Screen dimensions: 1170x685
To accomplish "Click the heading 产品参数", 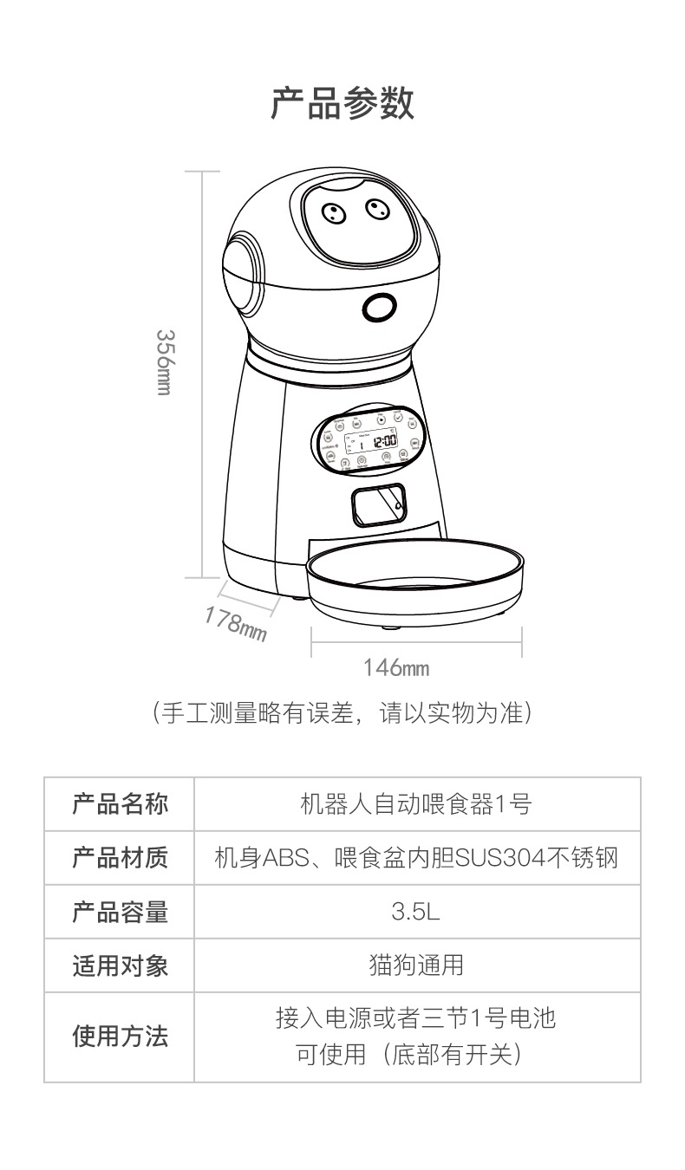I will [342, 103].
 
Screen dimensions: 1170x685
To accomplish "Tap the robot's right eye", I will [375, 208].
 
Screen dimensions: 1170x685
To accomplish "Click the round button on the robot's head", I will [378, 307].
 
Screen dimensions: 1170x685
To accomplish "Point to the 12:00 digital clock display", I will [384, 441].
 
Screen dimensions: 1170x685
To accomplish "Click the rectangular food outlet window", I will [378, 504].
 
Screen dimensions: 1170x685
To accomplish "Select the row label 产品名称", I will [120, 803].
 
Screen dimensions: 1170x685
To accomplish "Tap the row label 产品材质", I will [120, 857].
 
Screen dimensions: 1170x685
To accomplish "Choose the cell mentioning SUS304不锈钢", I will [416, 858].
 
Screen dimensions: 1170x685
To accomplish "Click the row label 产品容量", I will [120, 912].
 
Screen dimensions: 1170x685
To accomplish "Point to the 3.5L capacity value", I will [415, 913].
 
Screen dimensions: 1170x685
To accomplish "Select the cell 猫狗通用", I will [416, 965].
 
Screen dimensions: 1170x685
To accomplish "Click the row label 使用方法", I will [120, 1036].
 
